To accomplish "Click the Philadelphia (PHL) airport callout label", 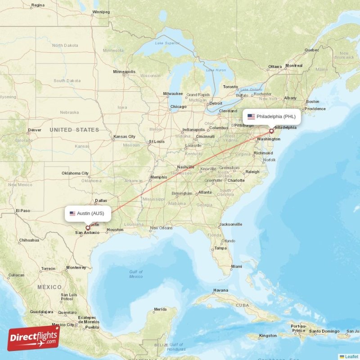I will (271, 117).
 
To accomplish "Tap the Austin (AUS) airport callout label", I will (88, 213).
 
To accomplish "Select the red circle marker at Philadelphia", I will (271, 131).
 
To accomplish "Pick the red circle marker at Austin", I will (88, 228).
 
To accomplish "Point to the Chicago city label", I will (178, 107).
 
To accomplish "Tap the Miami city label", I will (236, 266).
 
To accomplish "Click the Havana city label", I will (220, 290).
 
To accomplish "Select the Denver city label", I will (35, 130).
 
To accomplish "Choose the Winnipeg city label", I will (101, 12).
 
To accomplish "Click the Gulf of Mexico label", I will (136, 274).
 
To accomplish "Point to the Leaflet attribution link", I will (351, 356).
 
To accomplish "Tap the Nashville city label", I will (185, 167).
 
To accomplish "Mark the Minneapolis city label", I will (124, 72).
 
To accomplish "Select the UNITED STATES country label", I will (74, 130).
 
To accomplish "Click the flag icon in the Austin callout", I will (72, 213).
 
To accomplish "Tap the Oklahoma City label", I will (75, 173).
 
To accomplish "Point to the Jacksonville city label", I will (231, 224).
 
